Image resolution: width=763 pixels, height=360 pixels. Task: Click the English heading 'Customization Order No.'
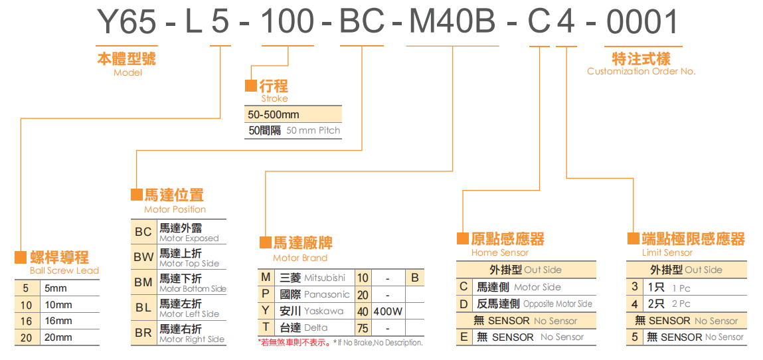641,72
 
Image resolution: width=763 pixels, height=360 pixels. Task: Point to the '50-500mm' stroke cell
274,114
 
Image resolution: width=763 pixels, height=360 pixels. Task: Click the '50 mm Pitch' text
313,131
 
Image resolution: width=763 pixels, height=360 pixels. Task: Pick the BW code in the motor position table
143,257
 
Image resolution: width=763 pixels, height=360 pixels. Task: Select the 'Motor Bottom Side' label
193,289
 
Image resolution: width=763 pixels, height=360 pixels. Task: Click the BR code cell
143,333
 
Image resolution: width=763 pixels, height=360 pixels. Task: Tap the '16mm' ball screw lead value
58,321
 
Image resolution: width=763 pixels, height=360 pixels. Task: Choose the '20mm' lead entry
58,337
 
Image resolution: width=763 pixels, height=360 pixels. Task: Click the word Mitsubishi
325,278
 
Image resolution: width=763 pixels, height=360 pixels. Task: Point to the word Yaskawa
324,311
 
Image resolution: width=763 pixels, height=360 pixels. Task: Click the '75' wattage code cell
363,327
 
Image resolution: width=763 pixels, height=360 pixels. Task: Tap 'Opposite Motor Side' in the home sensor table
557,304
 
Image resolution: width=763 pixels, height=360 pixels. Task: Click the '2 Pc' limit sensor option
681,304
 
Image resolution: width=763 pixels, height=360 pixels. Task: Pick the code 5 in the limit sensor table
635,337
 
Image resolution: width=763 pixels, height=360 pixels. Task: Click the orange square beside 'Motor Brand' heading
265,242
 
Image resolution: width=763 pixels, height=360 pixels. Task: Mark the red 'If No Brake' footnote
378,343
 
